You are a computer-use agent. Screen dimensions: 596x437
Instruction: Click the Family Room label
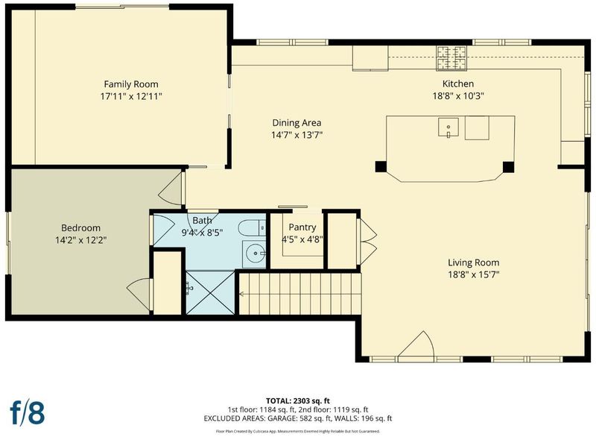point(131,84)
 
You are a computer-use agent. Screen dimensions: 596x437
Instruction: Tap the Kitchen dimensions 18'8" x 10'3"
point(457,96)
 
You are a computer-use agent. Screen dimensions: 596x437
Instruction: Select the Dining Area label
point(297,123)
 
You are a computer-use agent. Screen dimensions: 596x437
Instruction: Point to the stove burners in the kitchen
point(451,58)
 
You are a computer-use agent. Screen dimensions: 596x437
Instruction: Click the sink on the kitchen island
point(448,127)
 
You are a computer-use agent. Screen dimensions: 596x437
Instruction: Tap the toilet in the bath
point(252,228)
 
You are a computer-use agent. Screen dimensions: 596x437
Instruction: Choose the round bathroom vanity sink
point(255,252)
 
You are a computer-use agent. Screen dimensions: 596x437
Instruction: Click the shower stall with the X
point(210,292)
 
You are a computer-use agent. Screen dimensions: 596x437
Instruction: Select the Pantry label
point(302,227)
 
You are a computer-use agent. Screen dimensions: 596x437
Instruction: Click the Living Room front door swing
point(416,345)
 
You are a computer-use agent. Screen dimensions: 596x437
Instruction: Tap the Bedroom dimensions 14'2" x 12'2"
point(80,240)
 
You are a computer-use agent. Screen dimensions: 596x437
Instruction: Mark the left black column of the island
point(381,166)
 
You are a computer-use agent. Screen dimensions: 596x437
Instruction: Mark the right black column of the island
point(508,166)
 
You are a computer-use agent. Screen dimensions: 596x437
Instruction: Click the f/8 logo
point(27,412)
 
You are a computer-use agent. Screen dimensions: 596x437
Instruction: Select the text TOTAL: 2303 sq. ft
point(298,400)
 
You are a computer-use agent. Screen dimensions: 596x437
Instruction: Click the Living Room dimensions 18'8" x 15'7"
point(473,274)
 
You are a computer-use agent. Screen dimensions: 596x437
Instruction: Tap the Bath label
point(202,220)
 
